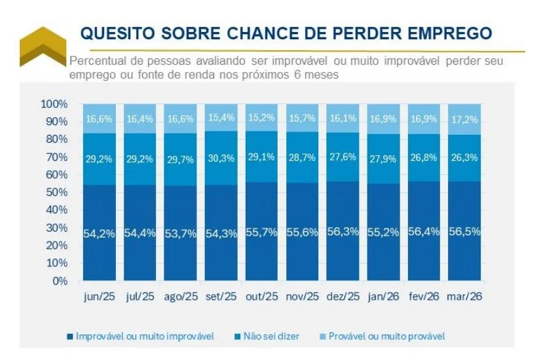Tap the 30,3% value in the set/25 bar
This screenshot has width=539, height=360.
click(x=221, y=158)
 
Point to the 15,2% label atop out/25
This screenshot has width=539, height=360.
click(x=262, y=118)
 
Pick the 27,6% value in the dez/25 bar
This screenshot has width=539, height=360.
click(x=343, y=158)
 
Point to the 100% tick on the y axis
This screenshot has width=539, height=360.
click(x=54, y=104)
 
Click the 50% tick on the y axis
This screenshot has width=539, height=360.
click(x=56, y=192)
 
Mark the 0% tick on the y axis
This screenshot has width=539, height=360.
click(x=59, y=281)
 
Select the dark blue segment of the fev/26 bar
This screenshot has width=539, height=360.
click(x=424, y=249)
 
